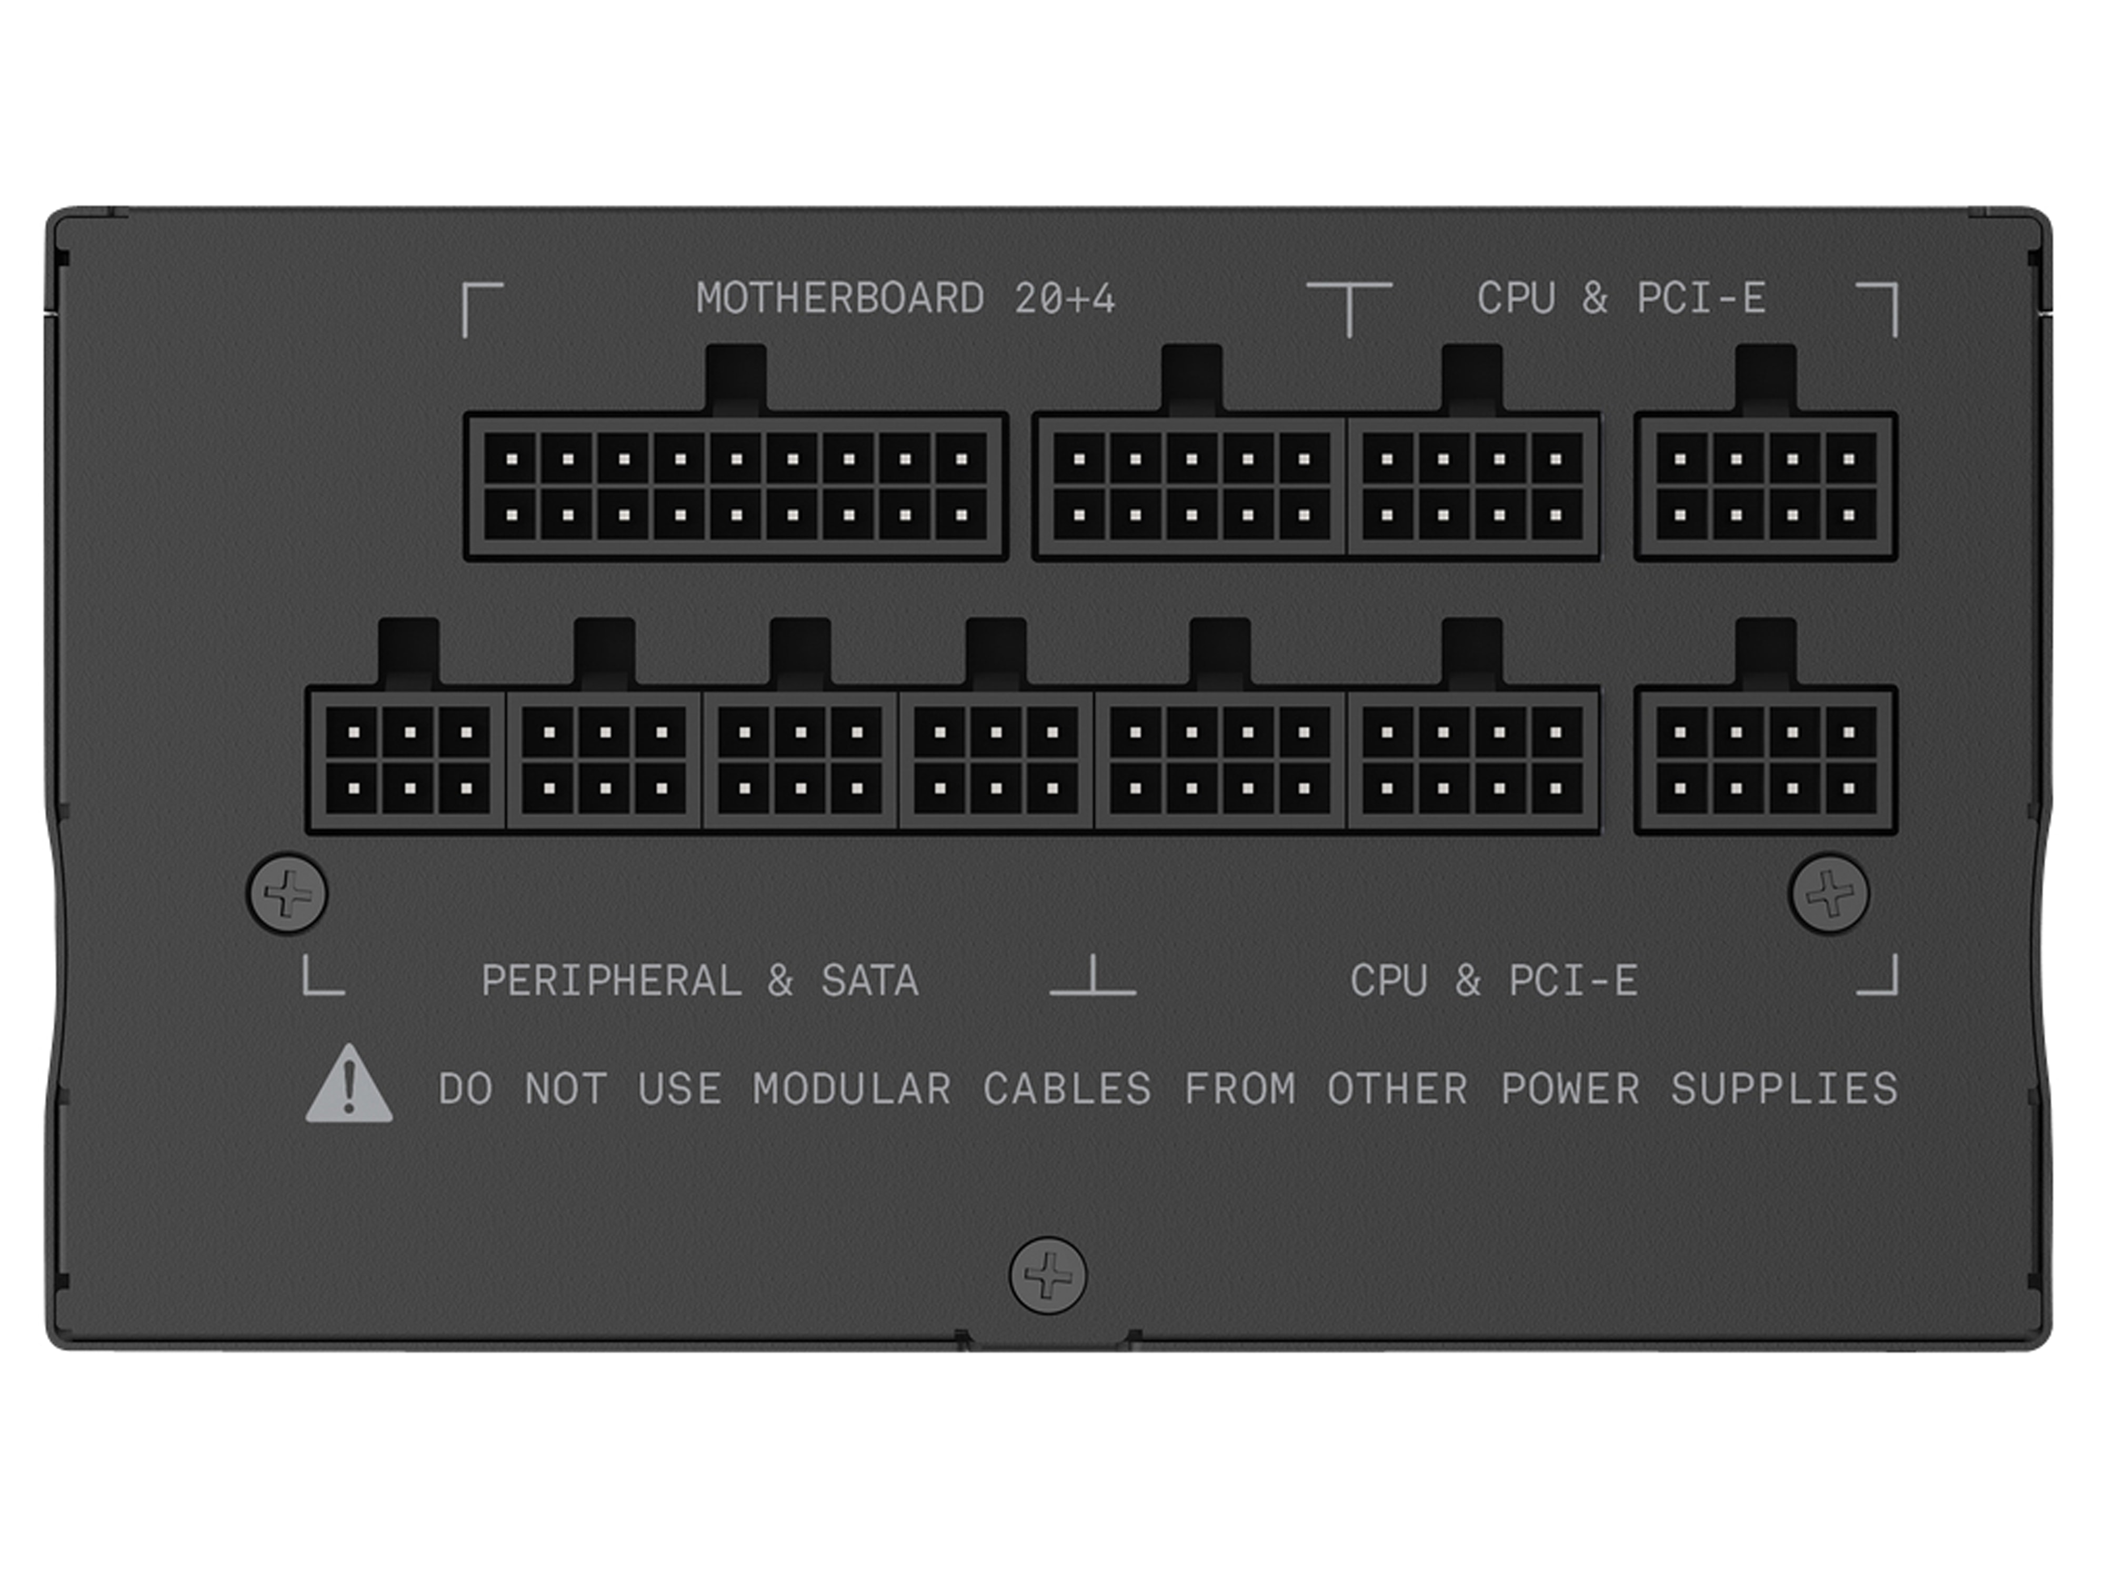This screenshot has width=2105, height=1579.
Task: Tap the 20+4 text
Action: pyautogui.click(x=1064, y=299)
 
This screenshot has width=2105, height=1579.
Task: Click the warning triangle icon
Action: pyautogui.click(x=348, y=1084)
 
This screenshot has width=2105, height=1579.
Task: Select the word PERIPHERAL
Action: pyautogui.click(x=611, y=981)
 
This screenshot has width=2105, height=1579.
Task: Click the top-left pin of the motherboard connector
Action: pyautogui.click(x=512, y=459)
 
